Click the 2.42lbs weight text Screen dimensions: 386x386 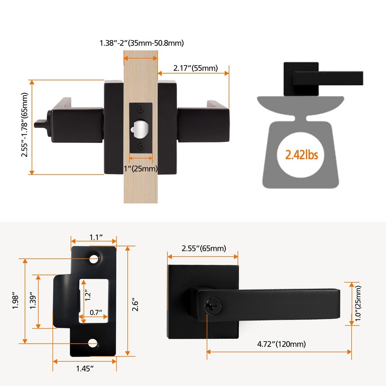coord(302,155)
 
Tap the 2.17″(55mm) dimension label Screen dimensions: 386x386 coord(195,68)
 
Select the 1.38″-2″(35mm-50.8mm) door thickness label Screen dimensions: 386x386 coord(141,43)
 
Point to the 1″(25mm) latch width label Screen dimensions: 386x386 coord(140,168)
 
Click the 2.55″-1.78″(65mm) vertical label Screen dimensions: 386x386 coord(25,125)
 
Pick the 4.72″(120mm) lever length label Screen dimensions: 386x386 coord(281,344)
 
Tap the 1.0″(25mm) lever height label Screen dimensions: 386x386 coord(358,303)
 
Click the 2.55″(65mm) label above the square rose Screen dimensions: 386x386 coord(204,248)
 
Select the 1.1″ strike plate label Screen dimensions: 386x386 coord(96,237)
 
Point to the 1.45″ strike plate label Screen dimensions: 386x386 coord(85,369)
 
